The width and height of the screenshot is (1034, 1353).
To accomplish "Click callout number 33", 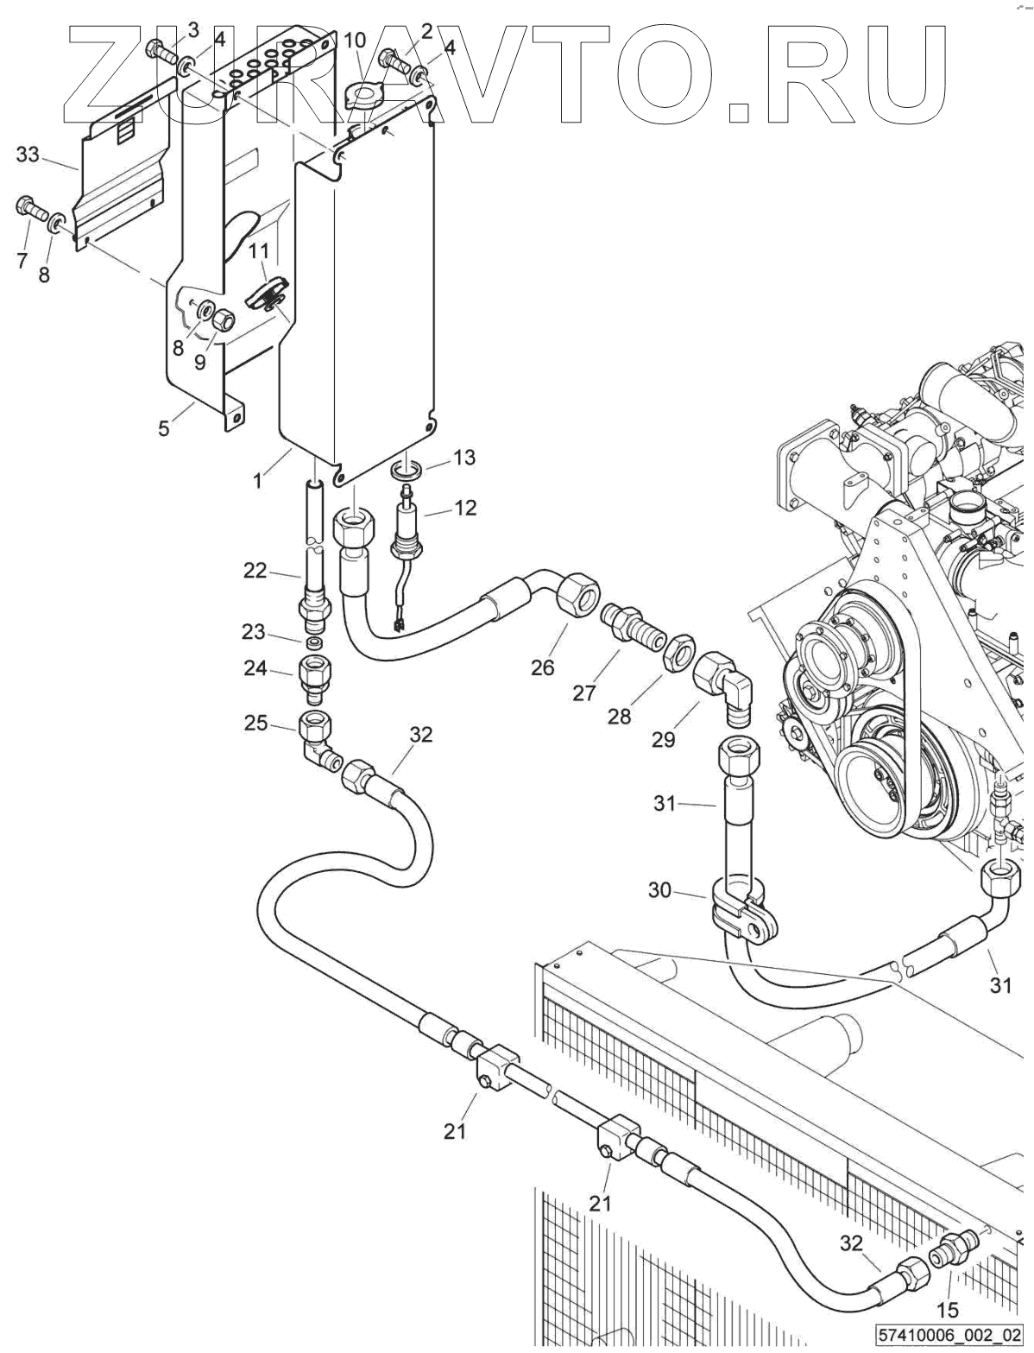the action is [28, 154].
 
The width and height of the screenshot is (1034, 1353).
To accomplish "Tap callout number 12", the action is [465, 508].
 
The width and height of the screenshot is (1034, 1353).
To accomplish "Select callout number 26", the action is [542, 667].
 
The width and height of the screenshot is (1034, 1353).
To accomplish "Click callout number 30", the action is [659, 890].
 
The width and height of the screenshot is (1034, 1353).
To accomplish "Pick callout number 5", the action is [162, 427].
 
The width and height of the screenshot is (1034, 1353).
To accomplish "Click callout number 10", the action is [355, 41].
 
